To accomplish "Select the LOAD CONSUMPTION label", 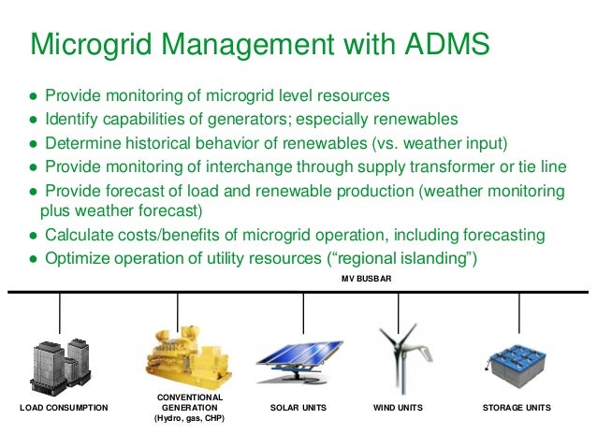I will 64,409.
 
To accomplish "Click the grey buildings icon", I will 61,361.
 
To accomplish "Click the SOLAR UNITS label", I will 299,409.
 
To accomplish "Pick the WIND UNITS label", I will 398,409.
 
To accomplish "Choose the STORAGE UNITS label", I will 517,409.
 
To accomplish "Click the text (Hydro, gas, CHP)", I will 191,420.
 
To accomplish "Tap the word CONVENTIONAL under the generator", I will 191,397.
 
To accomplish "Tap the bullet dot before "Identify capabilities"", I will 32,120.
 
